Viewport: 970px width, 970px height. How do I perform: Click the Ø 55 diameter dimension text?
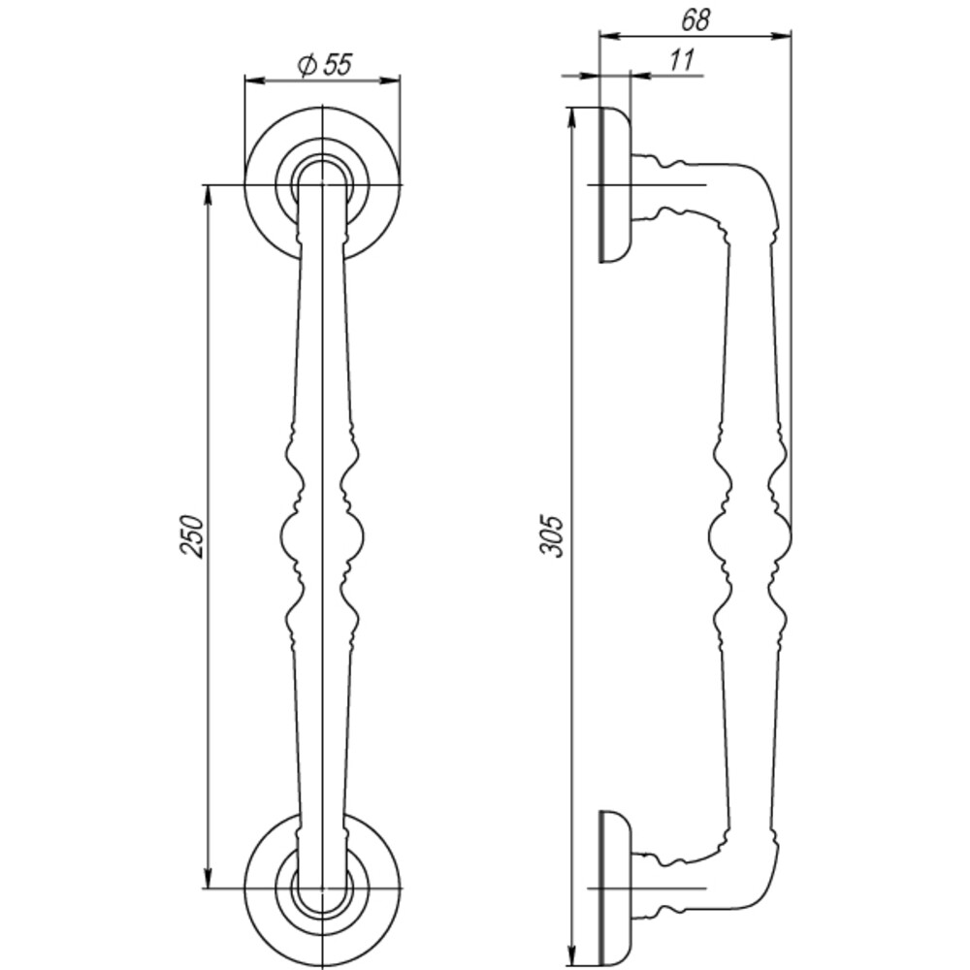coord(324,65)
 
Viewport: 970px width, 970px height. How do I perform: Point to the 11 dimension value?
coord(682,60)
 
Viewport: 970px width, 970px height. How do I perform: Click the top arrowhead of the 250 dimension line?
coord(208,194)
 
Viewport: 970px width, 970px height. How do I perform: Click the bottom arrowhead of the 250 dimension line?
coord(208,879)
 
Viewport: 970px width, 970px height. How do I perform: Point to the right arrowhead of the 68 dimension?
coord(783,37)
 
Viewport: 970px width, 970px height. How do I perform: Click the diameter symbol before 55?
coord(306,65)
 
